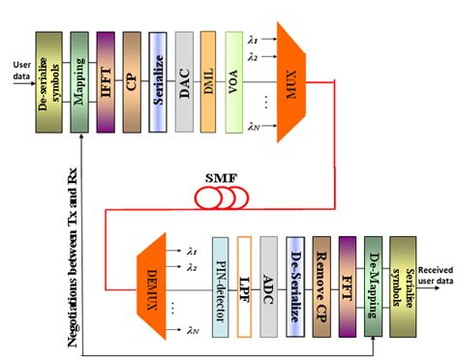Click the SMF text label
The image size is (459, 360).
click(223, 176)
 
